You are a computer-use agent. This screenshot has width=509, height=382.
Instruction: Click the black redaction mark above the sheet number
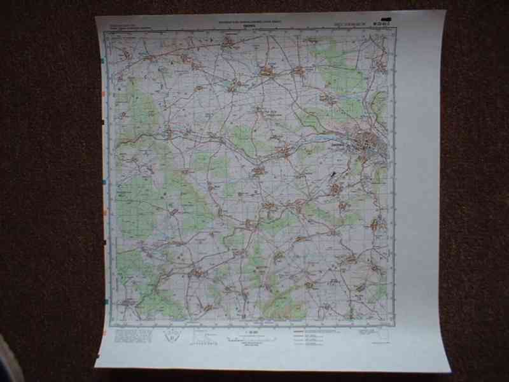click(386, 20)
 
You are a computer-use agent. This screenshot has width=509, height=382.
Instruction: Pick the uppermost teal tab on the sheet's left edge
click(103, 61)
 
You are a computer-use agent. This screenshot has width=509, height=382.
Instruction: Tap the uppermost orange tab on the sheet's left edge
click(103, 95)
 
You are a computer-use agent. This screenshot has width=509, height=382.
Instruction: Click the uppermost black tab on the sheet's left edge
click(103, 121)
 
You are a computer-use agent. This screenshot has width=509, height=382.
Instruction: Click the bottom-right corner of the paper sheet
click(450, 371)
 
